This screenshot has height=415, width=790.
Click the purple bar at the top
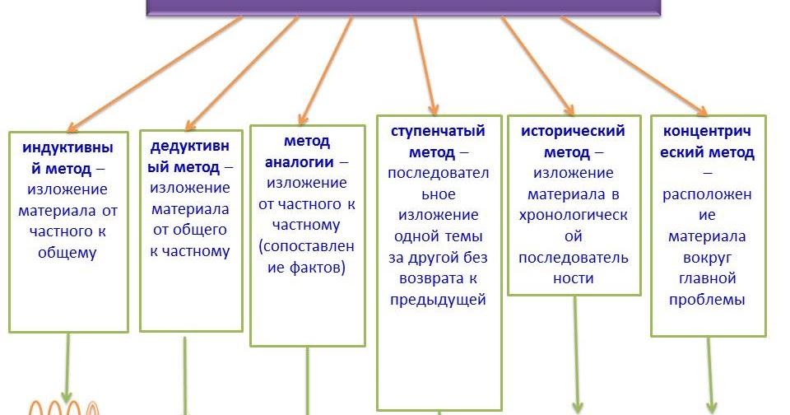click(x=403, y=7)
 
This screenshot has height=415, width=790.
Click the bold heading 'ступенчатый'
click(x=438, y=131)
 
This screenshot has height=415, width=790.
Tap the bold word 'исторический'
click(x=574, y=131)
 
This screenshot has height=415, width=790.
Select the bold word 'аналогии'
click(x=295, y=162)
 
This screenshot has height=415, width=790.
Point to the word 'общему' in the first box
click(x=67, y=254)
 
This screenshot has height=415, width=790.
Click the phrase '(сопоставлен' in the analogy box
click(x=306, y=246)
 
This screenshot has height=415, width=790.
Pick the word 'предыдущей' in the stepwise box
click(x=438, y=301)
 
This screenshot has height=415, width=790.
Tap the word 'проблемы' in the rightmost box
click(x=707, y=301)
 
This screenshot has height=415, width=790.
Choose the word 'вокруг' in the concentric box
click(x=707, y=258)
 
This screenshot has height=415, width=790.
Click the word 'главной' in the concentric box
click(x=707, y=279)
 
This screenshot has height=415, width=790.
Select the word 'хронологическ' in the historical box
click(x=574, y=215)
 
